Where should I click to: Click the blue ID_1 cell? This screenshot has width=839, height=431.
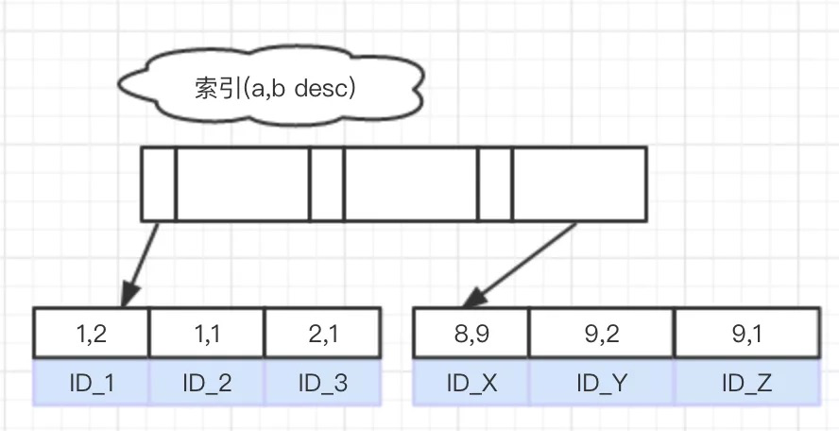tap(91, 383)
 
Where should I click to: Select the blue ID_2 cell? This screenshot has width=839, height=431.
tap(207, 383)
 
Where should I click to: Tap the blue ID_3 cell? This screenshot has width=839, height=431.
tap(322, 383)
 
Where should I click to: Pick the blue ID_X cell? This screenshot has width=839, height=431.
tap(471, 383)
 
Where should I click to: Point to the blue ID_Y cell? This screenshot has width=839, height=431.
tap(601, 383)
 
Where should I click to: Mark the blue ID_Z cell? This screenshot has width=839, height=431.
tap(746, 383)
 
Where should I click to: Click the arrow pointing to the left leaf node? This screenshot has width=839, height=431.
tap(143, 260)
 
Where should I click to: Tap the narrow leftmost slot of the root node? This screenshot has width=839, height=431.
tap(159, 183)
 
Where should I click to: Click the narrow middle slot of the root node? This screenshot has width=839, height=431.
tap(327, 183)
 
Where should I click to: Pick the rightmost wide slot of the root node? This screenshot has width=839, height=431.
tap(578, 183)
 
